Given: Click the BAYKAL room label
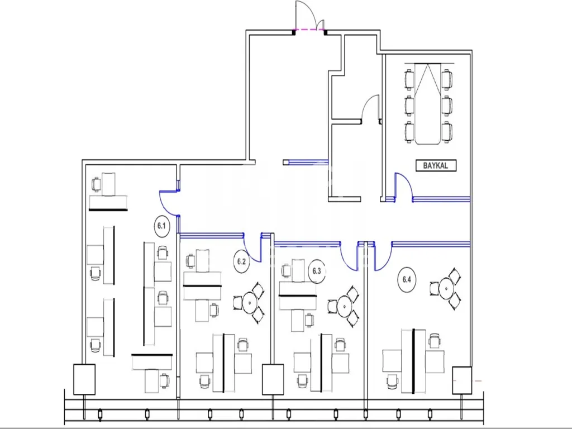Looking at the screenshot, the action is point(436,165).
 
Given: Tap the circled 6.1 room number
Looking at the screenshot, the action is point(161,226).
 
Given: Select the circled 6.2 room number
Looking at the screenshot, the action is point(241,261).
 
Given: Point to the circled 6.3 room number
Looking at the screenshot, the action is point(317,271).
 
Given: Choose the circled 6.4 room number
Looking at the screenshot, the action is point(407,280).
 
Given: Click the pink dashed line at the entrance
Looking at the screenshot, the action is point(309,29).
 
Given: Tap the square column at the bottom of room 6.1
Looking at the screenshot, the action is point(84,379).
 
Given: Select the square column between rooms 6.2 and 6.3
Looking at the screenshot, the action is point(273,379).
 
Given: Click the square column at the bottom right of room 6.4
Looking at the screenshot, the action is point(462,380).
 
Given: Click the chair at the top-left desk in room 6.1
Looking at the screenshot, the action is point(96,184).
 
